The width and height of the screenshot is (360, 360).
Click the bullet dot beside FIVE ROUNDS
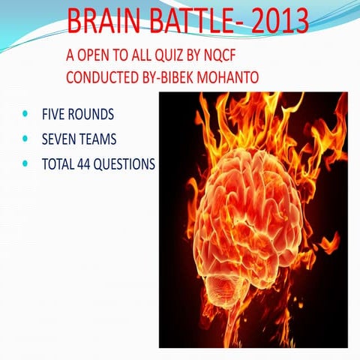tap(27, 115)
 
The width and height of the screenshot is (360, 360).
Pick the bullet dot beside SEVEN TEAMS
tap(27, 139)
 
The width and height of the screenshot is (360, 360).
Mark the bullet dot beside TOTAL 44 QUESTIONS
tap(27, 163)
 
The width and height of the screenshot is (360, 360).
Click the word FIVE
tap(55, 115)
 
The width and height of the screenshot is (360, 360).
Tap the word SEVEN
tap(61, 139)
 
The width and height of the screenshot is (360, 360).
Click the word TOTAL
tap(58, 163)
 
